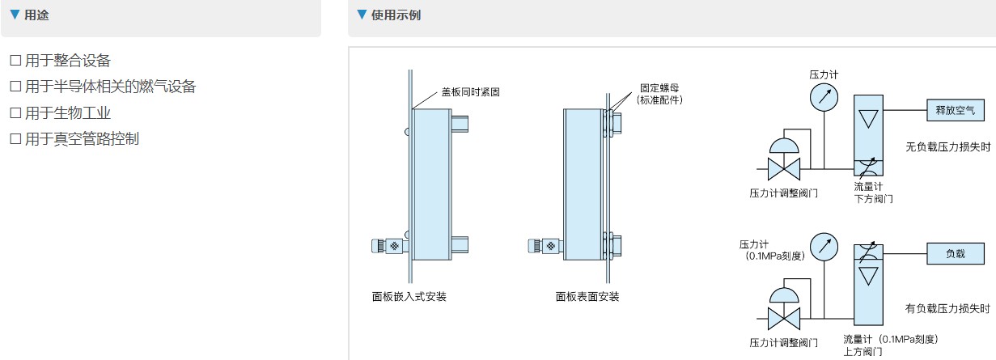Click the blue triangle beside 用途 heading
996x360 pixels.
tap(14, 15)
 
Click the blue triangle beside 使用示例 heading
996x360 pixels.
tap(362, 15)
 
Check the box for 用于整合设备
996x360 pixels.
tap(15, 61)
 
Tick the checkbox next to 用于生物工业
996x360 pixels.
tap(15, 112)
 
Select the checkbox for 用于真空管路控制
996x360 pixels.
tap(15, 138)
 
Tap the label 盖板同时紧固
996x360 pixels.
tap(469, 91)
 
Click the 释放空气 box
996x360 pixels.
tap(956, 109)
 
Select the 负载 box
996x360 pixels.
tap(956, 253)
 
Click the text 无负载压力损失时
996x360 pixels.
tap(947, 146)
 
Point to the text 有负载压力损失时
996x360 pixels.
tap(947, 308)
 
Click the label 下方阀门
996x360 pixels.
tap(874, 198)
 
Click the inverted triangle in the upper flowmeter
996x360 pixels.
tap(868, 120)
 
